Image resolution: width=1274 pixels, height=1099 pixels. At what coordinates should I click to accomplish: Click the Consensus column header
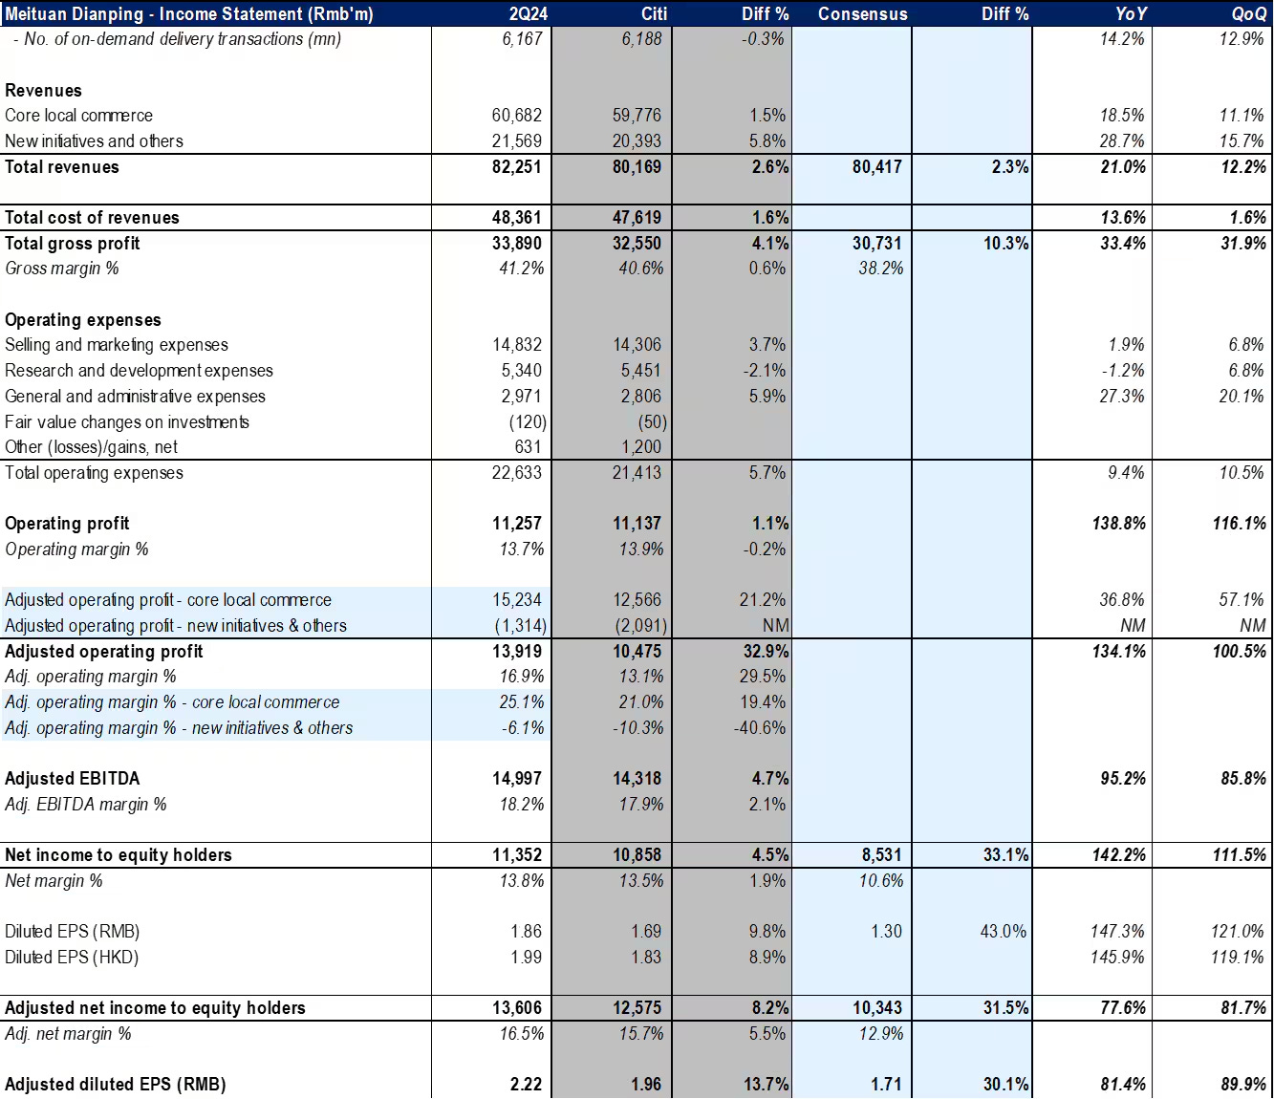(x=862, y=13)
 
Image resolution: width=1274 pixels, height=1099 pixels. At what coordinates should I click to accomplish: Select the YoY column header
(x=1131, y=13)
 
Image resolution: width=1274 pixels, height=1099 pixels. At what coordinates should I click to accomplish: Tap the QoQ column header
(x=1248, y=13)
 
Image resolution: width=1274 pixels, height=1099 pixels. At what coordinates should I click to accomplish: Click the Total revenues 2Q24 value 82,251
(x=516, y=166)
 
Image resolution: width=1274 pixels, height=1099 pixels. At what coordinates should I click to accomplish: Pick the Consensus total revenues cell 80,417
(x=876, y=166)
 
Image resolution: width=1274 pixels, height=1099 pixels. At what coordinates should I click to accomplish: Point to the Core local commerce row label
(x=78, y=115)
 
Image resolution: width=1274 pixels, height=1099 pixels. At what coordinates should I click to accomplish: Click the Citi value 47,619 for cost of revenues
(x=637, y=217)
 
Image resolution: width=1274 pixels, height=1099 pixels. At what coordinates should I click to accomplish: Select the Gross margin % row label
(x=62, y=268)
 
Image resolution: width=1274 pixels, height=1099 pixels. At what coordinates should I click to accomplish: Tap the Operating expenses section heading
(x=83, y=319)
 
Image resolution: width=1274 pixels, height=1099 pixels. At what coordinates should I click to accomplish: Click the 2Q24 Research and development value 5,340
(x=521, y=370)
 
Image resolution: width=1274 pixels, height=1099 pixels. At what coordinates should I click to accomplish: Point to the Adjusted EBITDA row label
(x=72, y=778)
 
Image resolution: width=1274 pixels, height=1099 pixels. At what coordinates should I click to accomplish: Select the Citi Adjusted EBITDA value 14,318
(x=637, y=778)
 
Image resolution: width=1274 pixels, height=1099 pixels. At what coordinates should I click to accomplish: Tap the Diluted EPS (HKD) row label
(x=72, y=957)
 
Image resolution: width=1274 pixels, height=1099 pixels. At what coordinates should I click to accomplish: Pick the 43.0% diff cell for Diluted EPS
(x=1003, y=931)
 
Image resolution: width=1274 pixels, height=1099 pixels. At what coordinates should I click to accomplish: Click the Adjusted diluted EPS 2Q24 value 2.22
(x=526, y=1084)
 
